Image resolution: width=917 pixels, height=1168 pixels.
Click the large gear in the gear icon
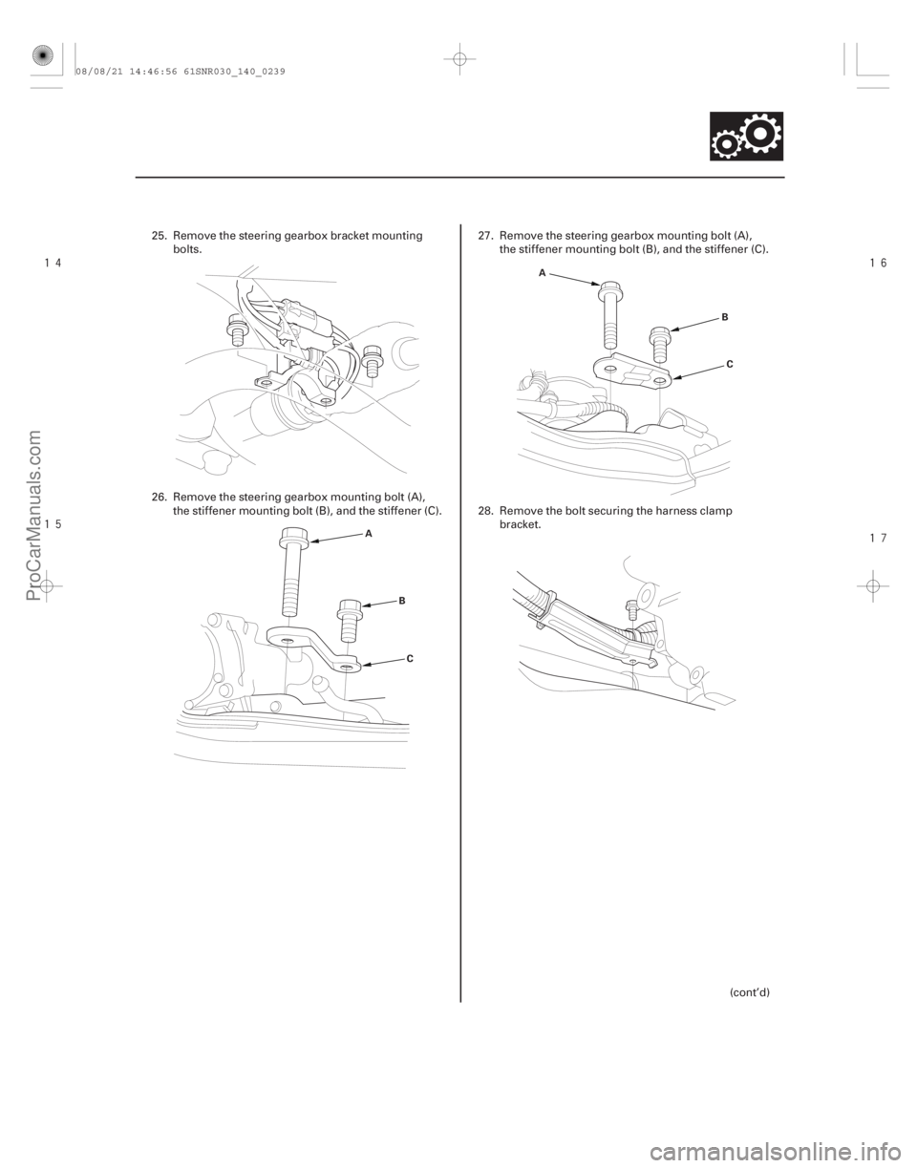click(759, 135)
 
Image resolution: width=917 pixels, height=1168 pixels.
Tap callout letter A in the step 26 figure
click(368, 537)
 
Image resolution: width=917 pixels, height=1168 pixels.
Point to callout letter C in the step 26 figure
click(409, 658)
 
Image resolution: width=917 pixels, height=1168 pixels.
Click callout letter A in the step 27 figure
click(542, 272)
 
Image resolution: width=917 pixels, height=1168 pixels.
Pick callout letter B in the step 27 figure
click(723, 312)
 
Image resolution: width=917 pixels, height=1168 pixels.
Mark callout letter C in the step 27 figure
click(729, 364)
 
